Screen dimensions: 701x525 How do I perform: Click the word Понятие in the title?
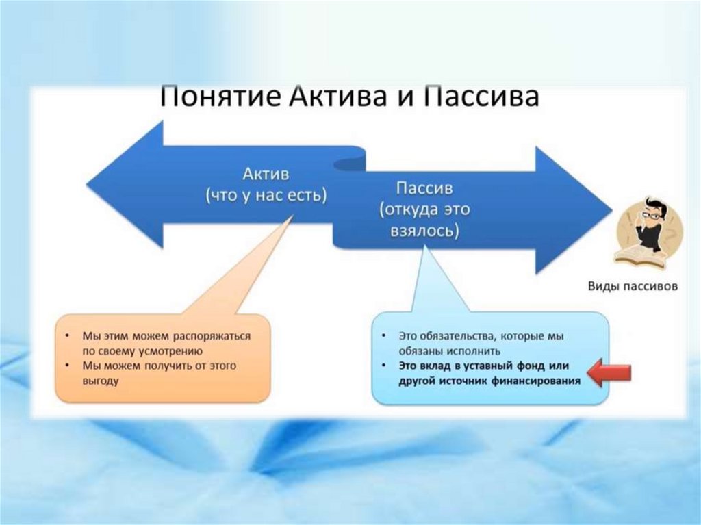coord(212,97)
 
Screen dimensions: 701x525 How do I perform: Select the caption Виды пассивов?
coord(633,287)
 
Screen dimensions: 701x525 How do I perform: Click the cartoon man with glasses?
coord(648,222)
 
